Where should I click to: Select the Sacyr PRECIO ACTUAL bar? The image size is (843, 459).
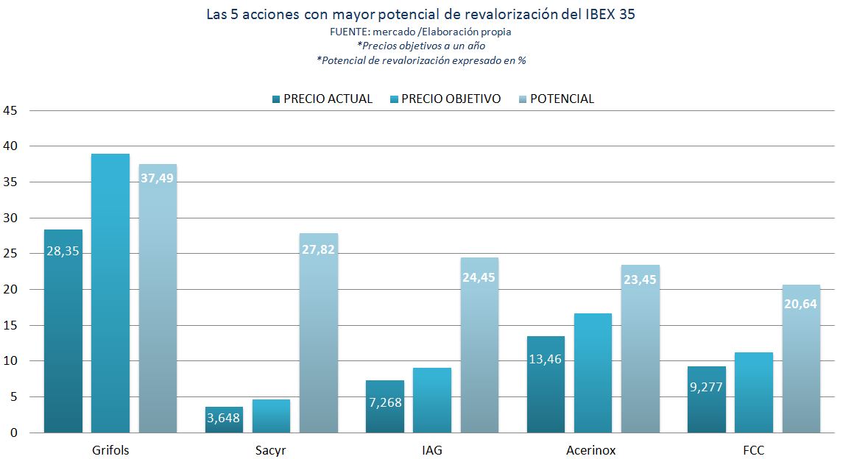point(224,419)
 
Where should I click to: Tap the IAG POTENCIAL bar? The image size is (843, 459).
point(479,346)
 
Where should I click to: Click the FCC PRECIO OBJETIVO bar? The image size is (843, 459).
point(754,393)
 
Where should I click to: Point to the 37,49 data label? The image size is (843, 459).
point(157,178)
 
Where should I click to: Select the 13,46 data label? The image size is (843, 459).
point(546,360)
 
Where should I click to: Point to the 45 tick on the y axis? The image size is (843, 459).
point(10,110)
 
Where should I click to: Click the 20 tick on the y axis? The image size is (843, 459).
point(10,289)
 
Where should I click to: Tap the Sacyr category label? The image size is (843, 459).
point(271,450)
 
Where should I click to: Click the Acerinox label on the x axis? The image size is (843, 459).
point(593,450)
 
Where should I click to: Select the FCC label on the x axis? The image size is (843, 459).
point(754,450)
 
